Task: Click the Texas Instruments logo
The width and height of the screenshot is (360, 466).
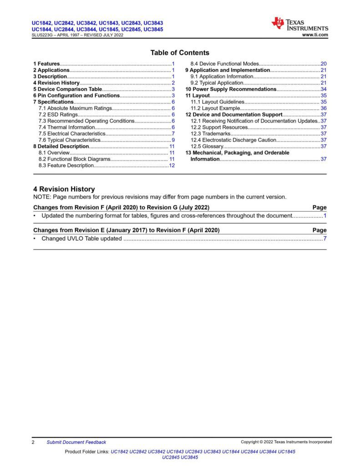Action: click(x=300, y=24)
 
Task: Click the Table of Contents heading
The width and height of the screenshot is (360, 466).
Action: click(x=180, y=53)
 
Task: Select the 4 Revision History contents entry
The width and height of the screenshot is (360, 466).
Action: click(x=56, y=83)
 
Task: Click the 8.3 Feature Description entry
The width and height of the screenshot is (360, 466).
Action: click(x=66, y=166)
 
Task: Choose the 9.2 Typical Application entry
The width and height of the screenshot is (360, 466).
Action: click(x=217, y=83)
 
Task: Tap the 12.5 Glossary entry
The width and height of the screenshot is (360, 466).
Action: click(x=207, y=147)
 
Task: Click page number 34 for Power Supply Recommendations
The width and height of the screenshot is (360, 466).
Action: click(x=324, y=89)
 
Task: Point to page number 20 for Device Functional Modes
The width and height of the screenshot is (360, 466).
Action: click(x=324, y=64)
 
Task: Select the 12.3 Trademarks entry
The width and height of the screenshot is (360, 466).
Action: click(x=211, y=134)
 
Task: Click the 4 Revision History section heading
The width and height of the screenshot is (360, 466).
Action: click(x=64, y=189)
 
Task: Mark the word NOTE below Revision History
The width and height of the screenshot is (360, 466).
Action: click(x=42, y=197)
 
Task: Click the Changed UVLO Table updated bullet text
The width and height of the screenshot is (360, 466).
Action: click(x=81, y=238)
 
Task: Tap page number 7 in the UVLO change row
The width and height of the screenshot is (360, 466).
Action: click(x=325, y=238)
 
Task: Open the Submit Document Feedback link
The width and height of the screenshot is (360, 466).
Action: click(x=76, y=442)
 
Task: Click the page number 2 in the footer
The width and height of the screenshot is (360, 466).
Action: click(x=34, y=442)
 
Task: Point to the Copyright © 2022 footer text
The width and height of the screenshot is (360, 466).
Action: click(x=286, y=442)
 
